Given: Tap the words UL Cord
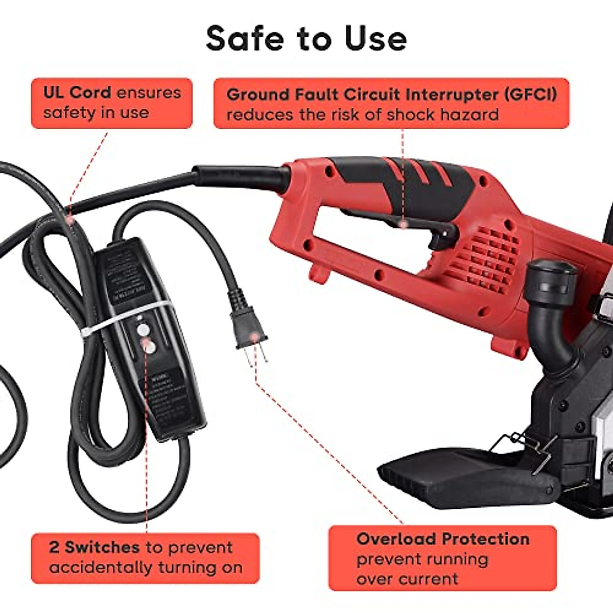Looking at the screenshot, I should tap(77, 92).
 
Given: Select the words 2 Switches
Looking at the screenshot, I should tap(94, 547).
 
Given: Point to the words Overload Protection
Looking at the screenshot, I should tap(442, 539).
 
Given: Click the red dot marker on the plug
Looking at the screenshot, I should tap(254, 336).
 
